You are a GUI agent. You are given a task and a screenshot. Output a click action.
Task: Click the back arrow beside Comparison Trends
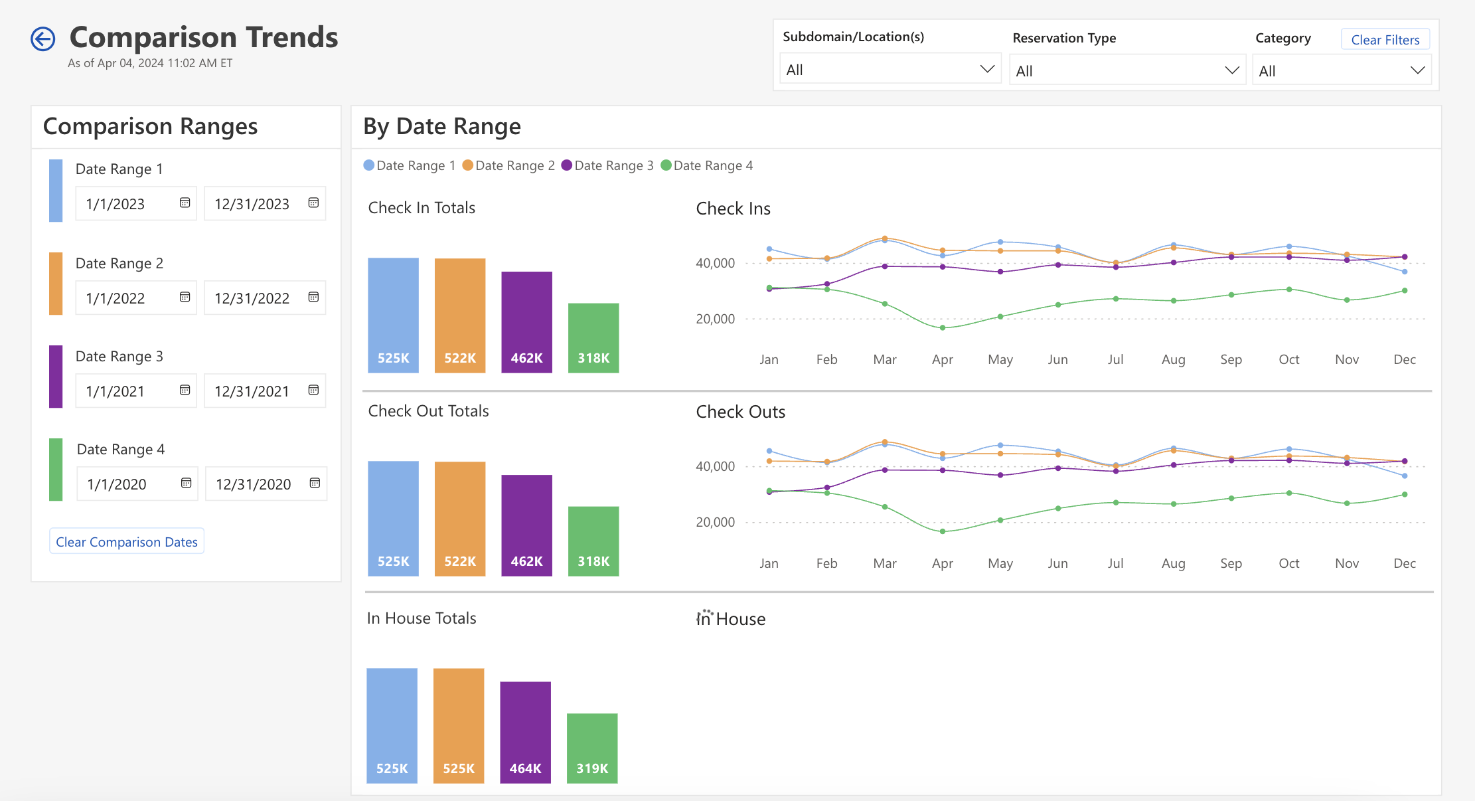[43, 39]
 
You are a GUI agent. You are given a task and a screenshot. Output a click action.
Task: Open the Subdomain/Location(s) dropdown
[890, 70]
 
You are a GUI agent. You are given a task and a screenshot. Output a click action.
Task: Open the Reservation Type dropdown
[1126, 71]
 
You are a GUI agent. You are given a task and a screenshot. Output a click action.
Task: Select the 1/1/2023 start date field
[126, 204]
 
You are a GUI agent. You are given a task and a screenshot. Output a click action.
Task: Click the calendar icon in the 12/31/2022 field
[313, 297]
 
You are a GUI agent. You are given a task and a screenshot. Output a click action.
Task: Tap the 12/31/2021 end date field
[252, 391]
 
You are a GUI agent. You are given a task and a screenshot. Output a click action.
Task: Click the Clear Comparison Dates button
[127, 542]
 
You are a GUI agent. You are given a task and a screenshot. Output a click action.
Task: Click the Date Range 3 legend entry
[607, 165]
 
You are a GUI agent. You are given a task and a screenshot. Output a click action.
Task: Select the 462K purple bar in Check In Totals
[526, 322]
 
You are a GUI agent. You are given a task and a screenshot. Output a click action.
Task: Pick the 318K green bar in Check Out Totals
[593, 541]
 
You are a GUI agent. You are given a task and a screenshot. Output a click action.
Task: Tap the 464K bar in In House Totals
[525, 732]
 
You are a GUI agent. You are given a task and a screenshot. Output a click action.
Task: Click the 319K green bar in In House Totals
[592, 748]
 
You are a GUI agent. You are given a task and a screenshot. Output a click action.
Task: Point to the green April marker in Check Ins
[943, 327]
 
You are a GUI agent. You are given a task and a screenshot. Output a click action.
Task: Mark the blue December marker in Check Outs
[1405, 476]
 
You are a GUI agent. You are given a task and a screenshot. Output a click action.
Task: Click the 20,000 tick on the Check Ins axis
[715, 319]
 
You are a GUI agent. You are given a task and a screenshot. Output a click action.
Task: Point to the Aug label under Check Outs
[1173, 563]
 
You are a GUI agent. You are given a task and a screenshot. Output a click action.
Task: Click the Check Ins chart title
[733, 209]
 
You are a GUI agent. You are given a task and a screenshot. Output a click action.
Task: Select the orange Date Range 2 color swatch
[56, 284]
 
